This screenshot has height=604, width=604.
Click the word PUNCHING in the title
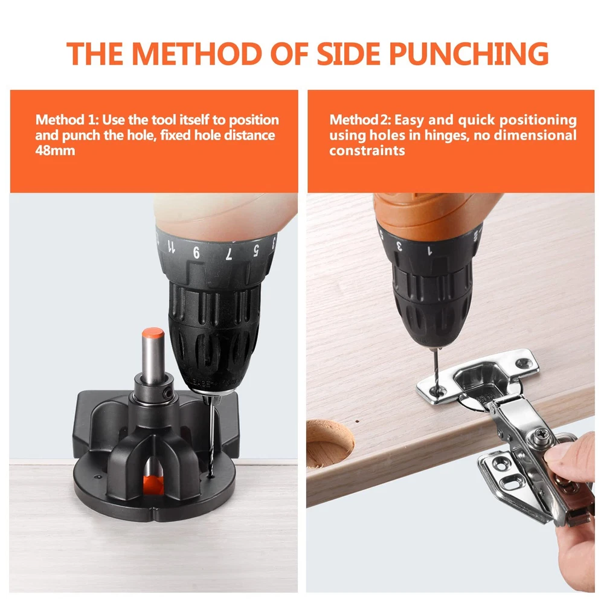click(x=469, y=53)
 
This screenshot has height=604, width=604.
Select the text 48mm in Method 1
click(x=55, y=150)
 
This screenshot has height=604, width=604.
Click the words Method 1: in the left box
click(x=67, y=120)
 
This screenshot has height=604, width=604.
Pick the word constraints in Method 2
click(x=367, y=150)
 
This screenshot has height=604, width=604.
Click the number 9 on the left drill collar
click(x=196, y=252)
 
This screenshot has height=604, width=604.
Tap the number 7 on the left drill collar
click(x=229, y=254)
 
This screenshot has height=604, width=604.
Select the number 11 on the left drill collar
click(x=171, y=246)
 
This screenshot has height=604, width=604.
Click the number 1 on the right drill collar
click(x=429, y=251)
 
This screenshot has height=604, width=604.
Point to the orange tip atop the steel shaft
click(x=153, y=334)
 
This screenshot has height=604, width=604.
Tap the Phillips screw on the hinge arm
click(x=539, y=435)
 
